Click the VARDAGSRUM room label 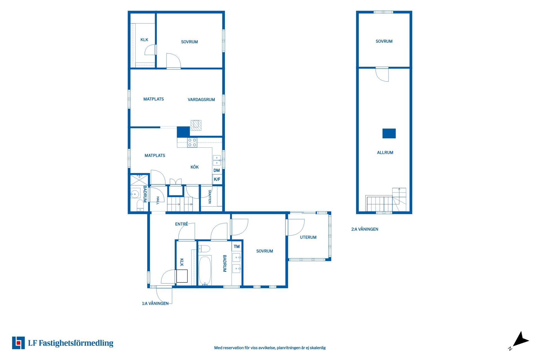[201, 100]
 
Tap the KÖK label [194, 167]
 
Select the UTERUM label [308, 237]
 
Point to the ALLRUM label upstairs [385, 152]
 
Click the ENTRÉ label [181, 224]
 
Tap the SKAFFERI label [210, 197]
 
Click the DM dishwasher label [217, 170]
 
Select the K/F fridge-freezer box [217, 179]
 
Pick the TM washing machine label [237, 247]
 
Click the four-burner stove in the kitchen [192, 143]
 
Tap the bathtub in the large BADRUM [205, 271]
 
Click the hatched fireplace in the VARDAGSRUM [196, 125]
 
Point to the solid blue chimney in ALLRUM [389, 133]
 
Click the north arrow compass [521, 340]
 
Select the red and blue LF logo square [18, 343]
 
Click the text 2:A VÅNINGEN [364, 229]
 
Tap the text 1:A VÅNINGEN [155, 303]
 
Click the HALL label [158, 201]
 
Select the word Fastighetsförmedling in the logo [76, 343]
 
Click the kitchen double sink [217, 160]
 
